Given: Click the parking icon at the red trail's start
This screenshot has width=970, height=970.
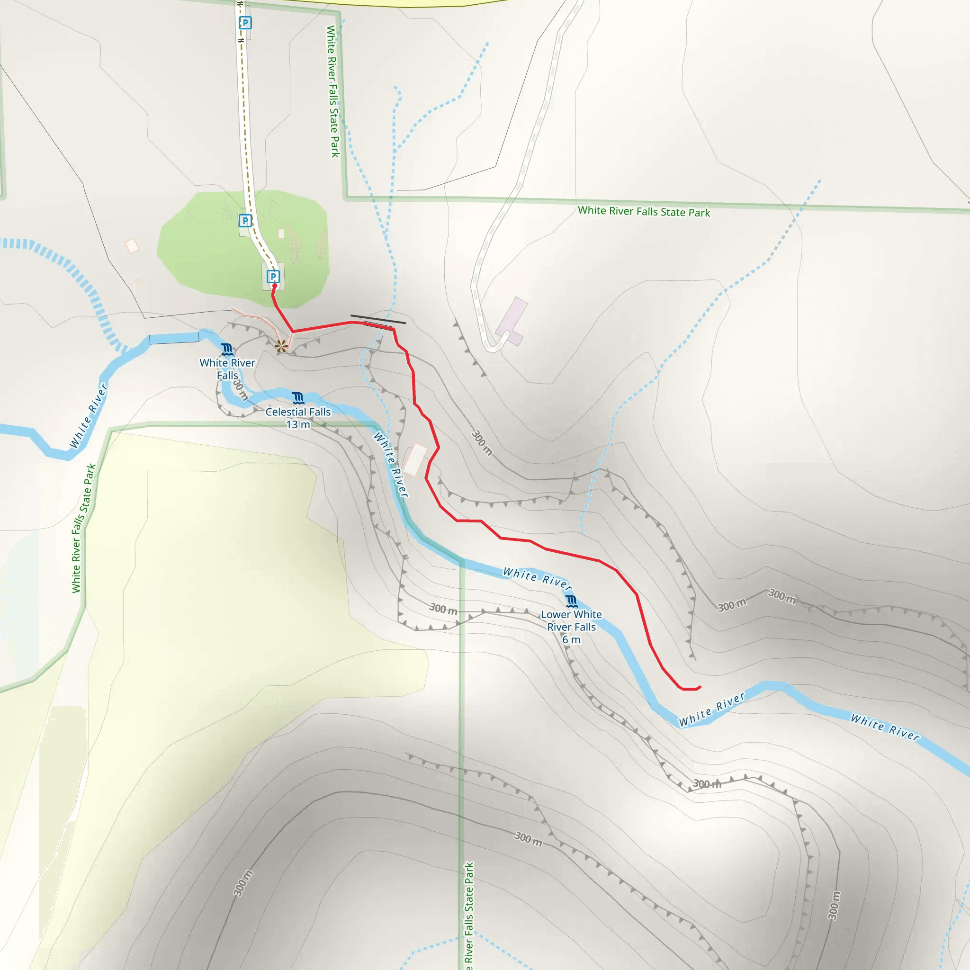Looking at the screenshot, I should [x=273, y=276].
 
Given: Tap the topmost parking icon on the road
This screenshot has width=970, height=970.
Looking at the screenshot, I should [x=245, y=23].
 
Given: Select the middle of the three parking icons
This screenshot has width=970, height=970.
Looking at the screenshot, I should [x=245, y=220].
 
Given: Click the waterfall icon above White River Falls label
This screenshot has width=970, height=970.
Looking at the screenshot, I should [x=227, y=350].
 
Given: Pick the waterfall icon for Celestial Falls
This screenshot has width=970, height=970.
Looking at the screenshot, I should [x=298, y=399].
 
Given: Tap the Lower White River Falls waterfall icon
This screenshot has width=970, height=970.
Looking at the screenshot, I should [x=571, y=601].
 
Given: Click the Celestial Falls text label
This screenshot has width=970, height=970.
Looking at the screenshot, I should [x=298, y=412].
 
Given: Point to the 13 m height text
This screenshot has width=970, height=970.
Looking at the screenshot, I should [x=298, y=425].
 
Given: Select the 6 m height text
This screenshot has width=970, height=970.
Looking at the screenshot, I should [x=571, y=639].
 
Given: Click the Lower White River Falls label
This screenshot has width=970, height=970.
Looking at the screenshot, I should [x=571, y=620].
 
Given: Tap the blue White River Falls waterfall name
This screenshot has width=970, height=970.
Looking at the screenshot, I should [x=227, y=369].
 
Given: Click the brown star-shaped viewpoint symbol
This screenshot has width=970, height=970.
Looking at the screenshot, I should [x=282, y=345].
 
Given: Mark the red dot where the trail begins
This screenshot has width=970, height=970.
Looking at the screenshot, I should [x=275, y=286].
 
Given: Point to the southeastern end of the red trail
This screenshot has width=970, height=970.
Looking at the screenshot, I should [x=700, y=687].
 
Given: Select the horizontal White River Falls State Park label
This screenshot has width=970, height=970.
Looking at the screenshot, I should [x=644, y=211].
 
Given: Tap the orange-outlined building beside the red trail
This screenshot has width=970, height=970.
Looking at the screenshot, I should [x=415, y=459].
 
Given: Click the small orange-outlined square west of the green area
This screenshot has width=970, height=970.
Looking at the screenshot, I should [x=132, y=245].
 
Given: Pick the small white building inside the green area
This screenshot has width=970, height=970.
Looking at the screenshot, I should [x=281, y=234].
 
